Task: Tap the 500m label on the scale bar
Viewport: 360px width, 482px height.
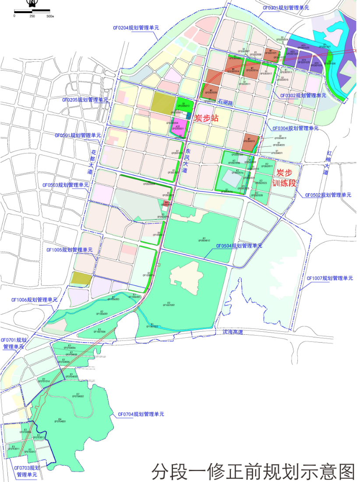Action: coord(49,16)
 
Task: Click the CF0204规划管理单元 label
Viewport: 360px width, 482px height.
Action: coord(136,28)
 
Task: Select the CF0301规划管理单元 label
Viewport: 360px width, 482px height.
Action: coord(286,8)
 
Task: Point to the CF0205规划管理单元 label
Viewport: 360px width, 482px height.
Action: coord(85,100)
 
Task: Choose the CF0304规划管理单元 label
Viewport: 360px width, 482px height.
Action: coord(295,128)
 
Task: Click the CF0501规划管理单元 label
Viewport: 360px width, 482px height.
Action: coord(78,135)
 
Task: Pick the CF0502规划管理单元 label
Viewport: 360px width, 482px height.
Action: coord(328,195)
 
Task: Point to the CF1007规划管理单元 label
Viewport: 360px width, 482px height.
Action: coord(330,278)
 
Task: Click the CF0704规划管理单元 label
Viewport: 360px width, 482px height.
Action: coord(141,414)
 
